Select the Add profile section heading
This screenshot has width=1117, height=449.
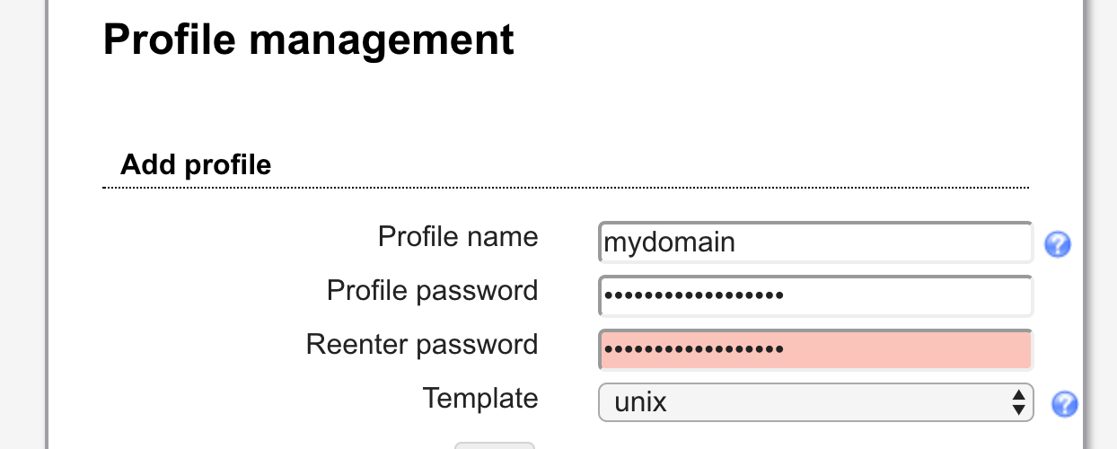tap(196, 165)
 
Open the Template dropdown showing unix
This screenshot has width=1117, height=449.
tap(815, 402)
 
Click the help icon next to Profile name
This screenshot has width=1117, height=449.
tap(1057, 244)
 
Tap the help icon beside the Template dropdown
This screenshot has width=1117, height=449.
tap(1064, 404)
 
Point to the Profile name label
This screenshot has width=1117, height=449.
tap(458, 237)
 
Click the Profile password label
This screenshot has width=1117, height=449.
tap(432, 291)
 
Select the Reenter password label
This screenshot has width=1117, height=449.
tap(422, 345)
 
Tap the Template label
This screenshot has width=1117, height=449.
tap(480, 398)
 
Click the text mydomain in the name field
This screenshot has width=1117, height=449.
tap(669, 242)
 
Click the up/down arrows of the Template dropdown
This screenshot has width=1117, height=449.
tap(1018, 402)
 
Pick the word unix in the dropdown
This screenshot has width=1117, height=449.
tap(640, 402)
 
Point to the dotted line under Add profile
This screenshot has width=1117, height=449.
tap(566, 188)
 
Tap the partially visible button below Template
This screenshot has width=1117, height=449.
tap(494, 445)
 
